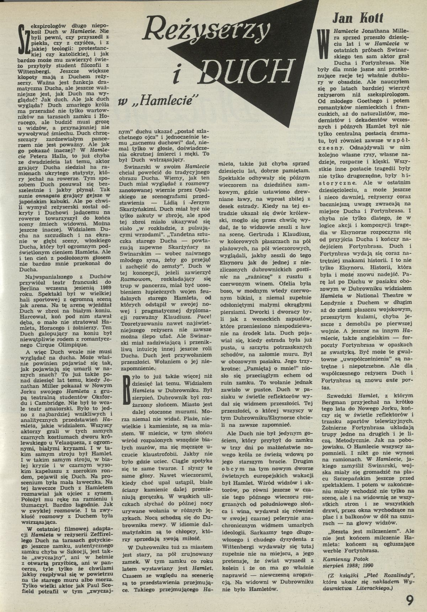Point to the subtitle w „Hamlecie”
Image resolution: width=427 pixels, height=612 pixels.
click(158, 103)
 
